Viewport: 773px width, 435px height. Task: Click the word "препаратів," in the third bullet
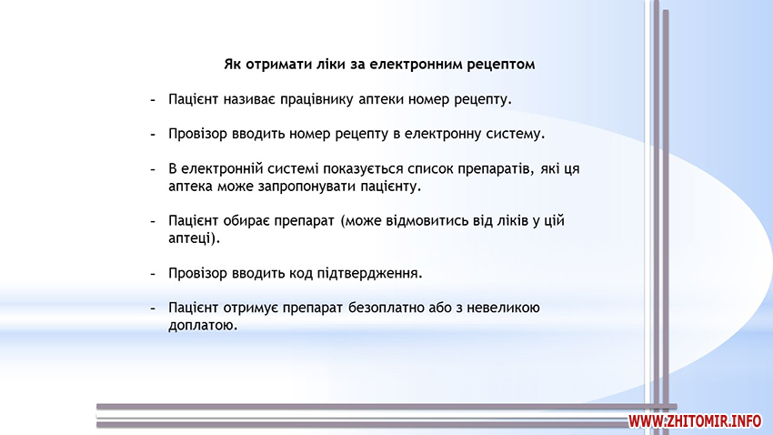496,169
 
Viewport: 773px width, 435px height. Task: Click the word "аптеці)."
195,238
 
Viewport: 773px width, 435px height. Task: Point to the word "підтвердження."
369,273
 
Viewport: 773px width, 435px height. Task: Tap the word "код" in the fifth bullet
300,273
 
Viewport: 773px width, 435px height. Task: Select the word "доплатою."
203,326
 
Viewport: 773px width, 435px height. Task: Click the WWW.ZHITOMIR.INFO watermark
695,420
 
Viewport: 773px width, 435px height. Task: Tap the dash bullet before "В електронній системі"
153,169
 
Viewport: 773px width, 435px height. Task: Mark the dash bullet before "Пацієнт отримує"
153,309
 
